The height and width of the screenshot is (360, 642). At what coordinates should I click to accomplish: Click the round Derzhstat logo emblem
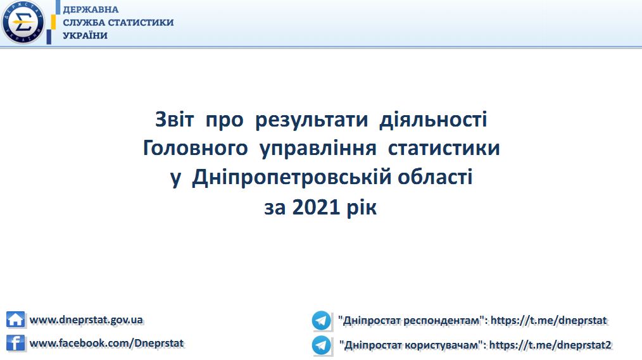click(23, 23)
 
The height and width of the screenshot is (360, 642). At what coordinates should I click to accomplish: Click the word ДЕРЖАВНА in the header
click(91, 9)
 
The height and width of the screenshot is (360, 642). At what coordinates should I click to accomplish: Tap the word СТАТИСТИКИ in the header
click(141, 23)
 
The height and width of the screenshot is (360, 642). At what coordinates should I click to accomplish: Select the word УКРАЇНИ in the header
click(85, 35)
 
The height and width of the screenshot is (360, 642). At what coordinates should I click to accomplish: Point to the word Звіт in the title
click(174, 120)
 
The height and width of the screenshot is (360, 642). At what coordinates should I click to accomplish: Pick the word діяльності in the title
click(433, 119)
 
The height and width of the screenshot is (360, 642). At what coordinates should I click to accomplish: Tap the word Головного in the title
click(195, 148)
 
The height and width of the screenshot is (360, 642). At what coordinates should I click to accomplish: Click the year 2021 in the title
click(316, 207)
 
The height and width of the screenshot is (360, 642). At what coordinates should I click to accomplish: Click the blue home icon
click(16, 319)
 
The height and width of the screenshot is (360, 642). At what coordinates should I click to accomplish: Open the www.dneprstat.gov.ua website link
click(86, 320)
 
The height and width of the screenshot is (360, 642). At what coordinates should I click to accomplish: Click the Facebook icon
click(16, 343)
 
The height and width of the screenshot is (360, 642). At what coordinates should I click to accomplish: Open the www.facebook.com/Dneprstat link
click(106, 343)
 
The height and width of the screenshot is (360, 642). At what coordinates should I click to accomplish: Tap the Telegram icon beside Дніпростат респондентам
click(321, 320)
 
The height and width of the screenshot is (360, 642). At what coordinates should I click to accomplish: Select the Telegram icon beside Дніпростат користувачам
click(321, 345)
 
